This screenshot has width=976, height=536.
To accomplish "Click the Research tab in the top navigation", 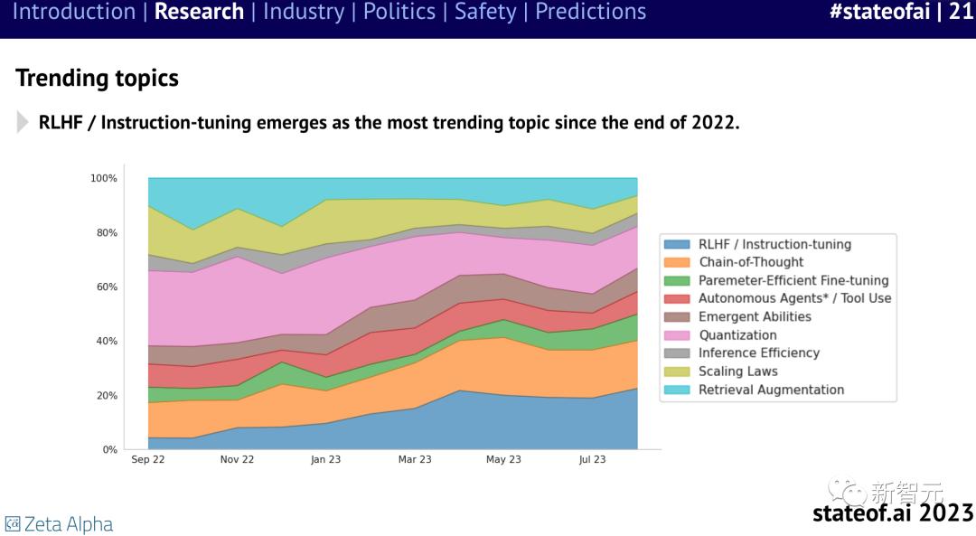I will click(x=199, y=12).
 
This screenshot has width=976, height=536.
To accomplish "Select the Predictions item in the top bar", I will click(x=590, y=12).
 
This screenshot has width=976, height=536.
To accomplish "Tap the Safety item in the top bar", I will click(x=486, y=12).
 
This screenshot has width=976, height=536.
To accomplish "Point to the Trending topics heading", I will click(x=97, y=79).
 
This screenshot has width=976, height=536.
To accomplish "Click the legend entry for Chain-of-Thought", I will click(x=750, y=262).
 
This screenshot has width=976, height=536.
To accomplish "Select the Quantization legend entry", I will click(x=737, y=335).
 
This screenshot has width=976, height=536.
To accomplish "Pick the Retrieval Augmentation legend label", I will click(x=771, y=390).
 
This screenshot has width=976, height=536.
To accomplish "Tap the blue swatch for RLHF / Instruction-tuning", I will click(x=677, y=244).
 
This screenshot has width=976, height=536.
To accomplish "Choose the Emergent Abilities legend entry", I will click(x=755, y=317).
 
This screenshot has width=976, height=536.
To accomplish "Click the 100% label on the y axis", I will click(x=103, y=179).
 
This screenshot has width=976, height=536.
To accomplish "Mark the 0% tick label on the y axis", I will click(x=108, y=450).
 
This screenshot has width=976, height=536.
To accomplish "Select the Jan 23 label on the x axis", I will click(x=325, y=460).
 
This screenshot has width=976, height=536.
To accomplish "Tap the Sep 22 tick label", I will click(x=147, y=460).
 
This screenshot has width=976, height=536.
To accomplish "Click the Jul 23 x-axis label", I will click(x=592, y=460).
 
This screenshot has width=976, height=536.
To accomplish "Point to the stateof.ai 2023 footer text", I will click(x=892, y=513).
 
